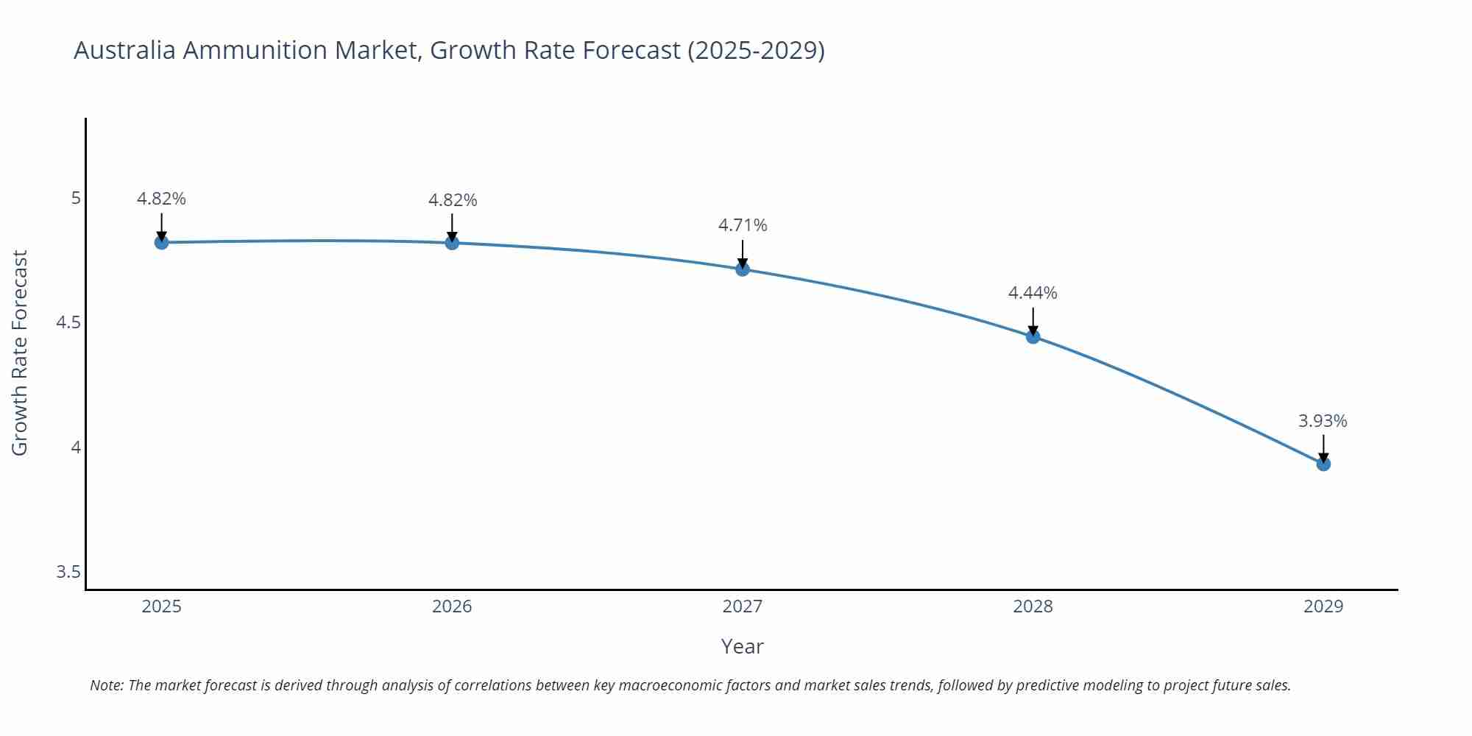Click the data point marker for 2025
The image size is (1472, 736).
click(161, 242)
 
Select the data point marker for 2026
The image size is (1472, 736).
click(452, 243)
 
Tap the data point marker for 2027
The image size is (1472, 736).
click(743, 269)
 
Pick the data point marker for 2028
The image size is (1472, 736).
click(1033, 336)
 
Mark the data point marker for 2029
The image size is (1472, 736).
click(1323, 464)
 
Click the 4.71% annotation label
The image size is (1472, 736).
click(743, 225)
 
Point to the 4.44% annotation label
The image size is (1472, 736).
click(1033, 293)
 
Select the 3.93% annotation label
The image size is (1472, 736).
click(1323, 421)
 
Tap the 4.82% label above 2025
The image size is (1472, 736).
click(161, 199)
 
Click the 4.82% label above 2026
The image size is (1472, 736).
click(453, 200)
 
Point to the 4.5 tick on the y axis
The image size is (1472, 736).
click(68, 322)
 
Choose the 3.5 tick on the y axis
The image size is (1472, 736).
click(68, 572)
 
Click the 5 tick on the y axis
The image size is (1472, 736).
click(76, 198)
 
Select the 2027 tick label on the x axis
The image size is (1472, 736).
click(743, 606)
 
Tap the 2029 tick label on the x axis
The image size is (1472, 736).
click(1323, 606)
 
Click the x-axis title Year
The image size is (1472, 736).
click(742, 646)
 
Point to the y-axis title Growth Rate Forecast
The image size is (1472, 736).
click(20, 353)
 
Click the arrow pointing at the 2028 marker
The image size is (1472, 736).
click(1033, 321)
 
